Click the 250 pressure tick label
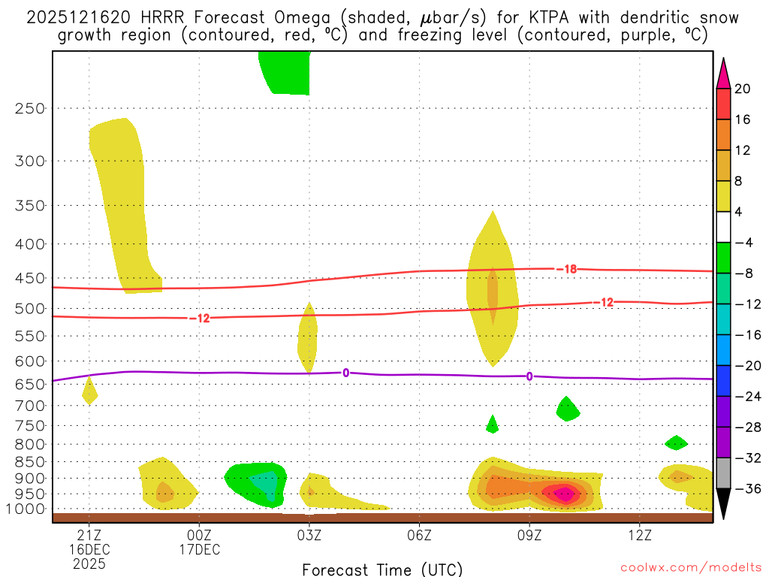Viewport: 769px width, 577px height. [x=30, y=108]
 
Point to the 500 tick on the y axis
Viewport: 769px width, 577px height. [x=30, y=308]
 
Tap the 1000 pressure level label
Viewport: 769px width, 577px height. [x=26, y=509]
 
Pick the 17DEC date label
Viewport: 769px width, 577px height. [x=199, y=549]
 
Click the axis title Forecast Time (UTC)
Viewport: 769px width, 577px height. [x=382, y=569]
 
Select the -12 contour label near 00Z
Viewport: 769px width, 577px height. [x=199, y=319]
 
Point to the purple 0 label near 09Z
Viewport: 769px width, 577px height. [x=529, y=376]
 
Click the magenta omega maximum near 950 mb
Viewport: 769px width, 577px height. [x=564, y=493]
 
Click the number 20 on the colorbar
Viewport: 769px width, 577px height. [x=743, y=89]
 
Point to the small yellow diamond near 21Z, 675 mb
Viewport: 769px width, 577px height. [x=89, y=391]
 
